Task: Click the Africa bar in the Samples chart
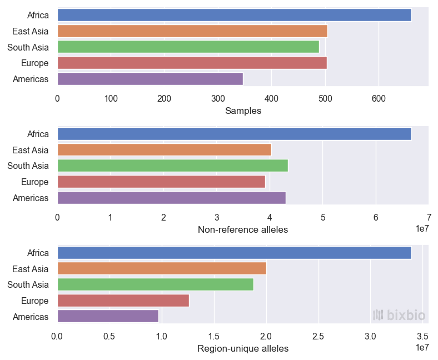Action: pos(234,15)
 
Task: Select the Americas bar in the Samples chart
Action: pos(150,79)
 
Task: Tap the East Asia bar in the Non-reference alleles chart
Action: pos(164,150)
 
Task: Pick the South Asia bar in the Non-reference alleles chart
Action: pos(172,166)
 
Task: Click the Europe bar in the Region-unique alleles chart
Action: pos(123,301)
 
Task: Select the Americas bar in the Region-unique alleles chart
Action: pos(108,316)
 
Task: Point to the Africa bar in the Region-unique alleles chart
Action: pos(234,253)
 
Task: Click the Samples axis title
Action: pos(243,111)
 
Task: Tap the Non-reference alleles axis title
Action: pos(243,229)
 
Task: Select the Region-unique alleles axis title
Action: pos(243,348)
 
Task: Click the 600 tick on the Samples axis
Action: pos(379,98)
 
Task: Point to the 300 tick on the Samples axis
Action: pos(218,98)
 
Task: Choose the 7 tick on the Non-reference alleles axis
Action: pos(429,217)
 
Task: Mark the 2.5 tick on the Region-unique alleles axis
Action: pos(318,336)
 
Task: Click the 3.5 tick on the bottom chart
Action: pos(423,336)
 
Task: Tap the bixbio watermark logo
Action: pos(399,316)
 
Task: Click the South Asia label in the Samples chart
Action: pos(28,47)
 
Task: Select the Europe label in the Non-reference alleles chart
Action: pos(34,182)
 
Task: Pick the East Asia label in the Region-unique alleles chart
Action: pos(30,269)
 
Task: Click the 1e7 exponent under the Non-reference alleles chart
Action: pos(423,228)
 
